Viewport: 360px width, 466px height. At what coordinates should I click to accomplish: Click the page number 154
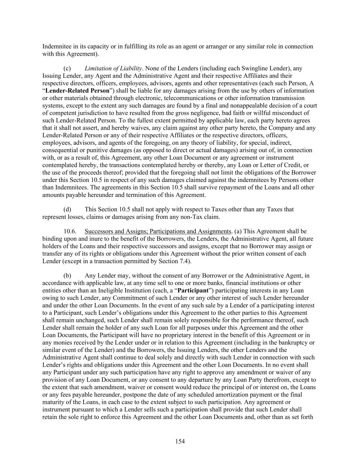pyautogui.click(x=180, y=441)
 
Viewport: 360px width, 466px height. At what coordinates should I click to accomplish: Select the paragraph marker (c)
pyautogui.click(x=67, y=68)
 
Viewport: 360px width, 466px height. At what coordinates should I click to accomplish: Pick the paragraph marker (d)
pyautogui.click(x=67, y=209)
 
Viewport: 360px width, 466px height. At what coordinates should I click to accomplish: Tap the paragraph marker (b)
pyautogui.click(x=67, y=276)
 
